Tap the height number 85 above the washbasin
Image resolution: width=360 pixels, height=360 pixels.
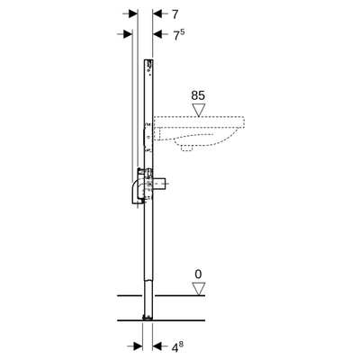[x=199, y=93]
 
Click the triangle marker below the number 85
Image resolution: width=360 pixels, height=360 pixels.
[x=199, y=109]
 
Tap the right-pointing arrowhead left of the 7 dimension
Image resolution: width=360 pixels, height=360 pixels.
[x=131, y=14]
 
